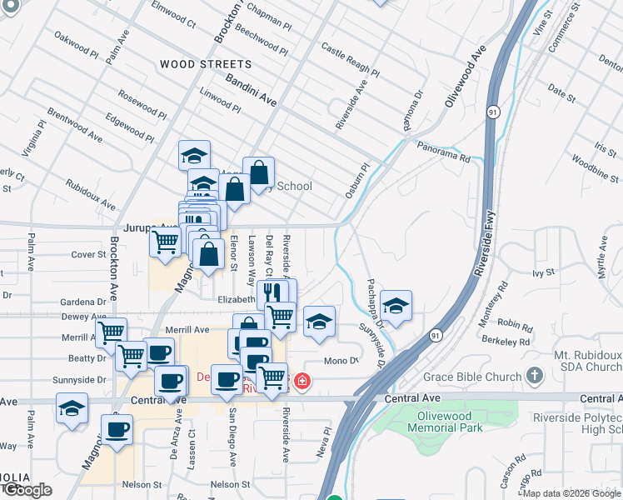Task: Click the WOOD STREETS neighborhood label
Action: coord(205,64)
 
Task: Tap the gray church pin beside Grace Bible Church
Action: coord(535,377)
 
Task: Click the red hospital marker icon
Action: coord(302,382)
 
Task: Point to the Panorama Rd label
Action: coord(444,151)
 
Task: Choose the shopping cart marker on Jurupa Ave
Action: coord(165,242)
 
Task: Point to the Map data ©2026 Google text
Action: coord(571,493)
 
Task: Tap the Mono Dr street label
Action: coord(341,361)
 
